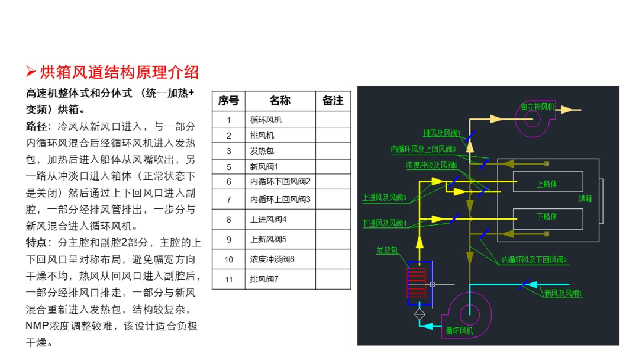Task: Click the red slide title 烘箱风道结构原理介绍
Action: pos(119,73)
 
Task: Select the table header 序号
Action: pos(228,101)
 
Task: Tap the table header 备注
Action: pos(333,101)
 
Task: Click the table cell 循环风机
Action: pos(266,120)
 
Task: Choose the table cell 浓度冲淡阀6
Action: pos(272,259)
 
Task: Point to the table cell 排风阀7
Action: pos(264,279)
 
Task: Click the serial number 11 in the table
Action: pos(228,279)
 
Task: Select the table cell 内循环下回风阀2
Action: pos(280,181)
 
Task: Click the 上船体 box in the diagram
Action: pos(548,181)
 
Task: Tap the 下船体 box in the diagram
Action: pos(548,219)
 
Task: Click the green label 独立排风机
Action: pos(537,107)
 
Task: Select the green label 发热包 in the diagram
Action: pos(387,250)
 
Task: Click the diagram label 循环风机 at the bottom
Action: pos(459,330)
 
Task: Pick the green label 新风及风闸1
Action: pos(563,293)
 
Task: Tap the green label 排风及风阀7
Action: pos(442,133)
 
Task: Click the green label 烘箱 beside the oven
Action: pos(585,198)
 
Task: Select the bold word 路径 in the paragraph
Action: pos(36,126)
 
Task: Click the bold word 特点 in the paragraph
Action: pos(36,243)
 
